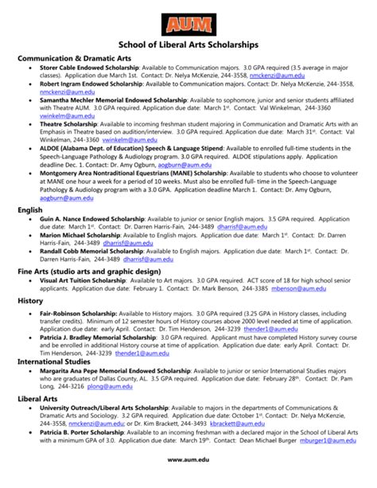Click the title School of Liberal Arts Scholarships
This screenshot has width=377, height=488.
click(x=188, y=45)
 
